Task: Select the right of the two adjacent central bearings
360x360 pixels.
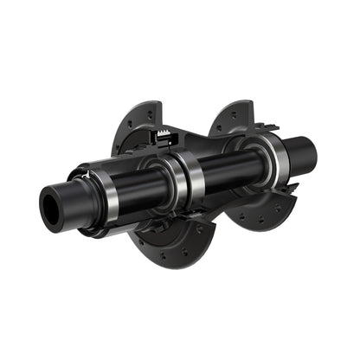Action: pos(192,182)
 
